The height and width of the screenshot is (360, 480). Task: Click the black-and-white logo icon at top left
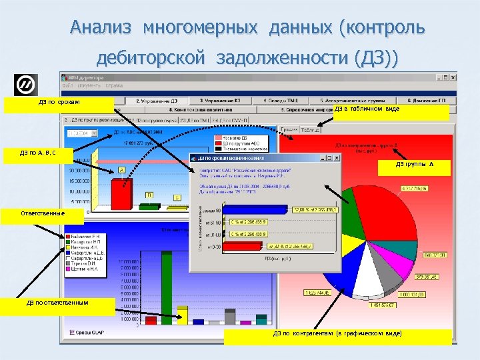click(x=26, y=84)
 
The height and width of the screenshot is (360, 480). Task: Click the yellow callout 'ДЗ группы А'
click(x=415, y=166)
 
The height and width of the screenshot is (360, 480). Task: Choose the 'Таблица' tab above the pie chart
click(x=311, y=130)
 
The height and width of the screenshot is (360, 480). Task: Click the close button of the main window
click(x=453, y=77)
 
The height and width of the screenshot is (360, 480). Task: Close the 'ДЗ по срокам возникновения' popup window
click(x=336, y=159)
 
